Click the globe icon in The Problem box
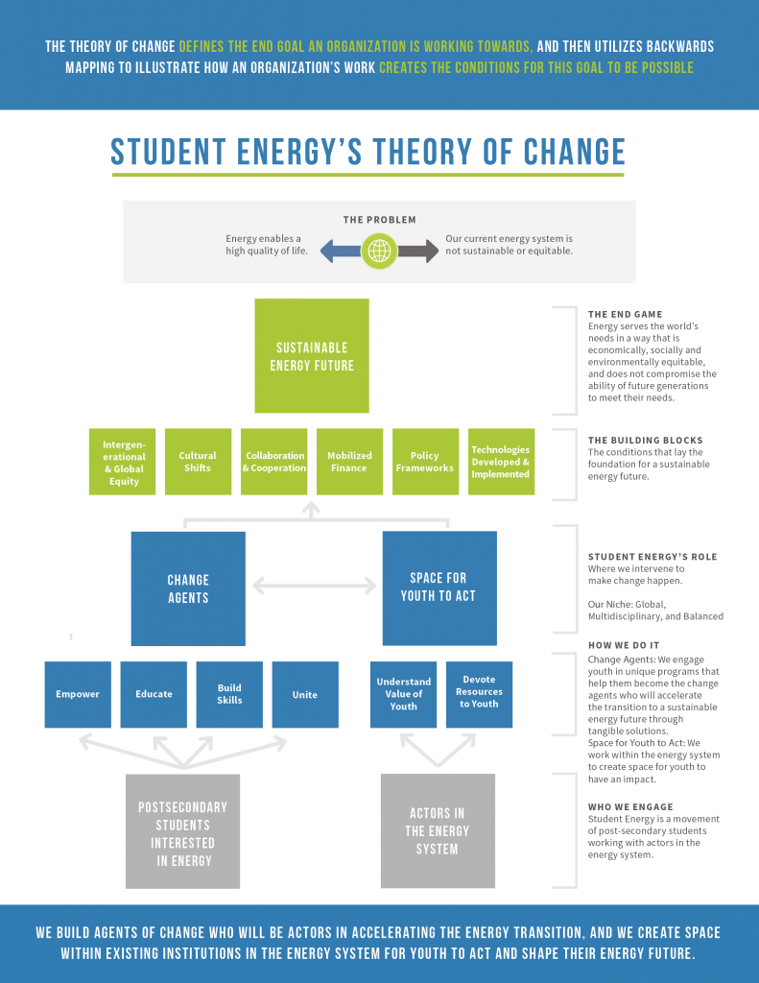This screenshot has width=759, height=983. point(379,252)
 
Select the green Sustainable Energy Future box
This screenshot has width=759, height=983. point(312,355)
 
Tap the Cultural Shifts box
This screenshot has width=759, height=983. point(198,462)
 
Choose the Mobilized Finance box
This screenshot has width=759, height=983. point(349,462)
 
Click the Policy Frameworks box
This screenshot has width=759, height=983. point(425,462)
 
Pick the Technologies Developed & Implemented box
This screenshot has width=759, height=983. point(501,462)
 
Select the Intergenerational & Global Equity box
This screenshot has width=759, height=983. point(123,462)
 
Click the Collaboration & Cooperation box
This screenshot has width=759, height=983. point(274,462)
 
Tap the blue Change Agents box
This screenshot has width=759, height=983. point(188,588)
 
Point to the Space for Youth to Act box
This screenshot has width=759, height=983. point(439,587)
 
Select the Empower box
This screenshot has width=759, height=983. point(78,694)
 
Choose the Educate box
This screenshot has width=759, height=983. point(154,694)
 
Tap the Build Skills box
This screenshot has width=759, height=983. point(229,694)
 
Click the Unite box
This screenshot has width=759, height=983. point(305,694)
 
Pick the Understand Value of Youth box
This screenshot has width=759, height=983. point(404,694)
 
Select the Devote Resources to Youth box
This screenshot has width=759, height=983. point(479,694)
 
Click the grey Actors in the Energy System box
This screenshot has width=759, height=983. point(438,830)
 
